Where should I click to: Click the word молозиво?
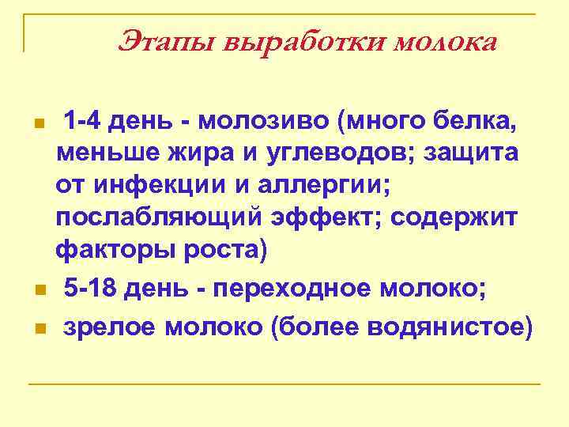pyautogui.click(x=263, y=122)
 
